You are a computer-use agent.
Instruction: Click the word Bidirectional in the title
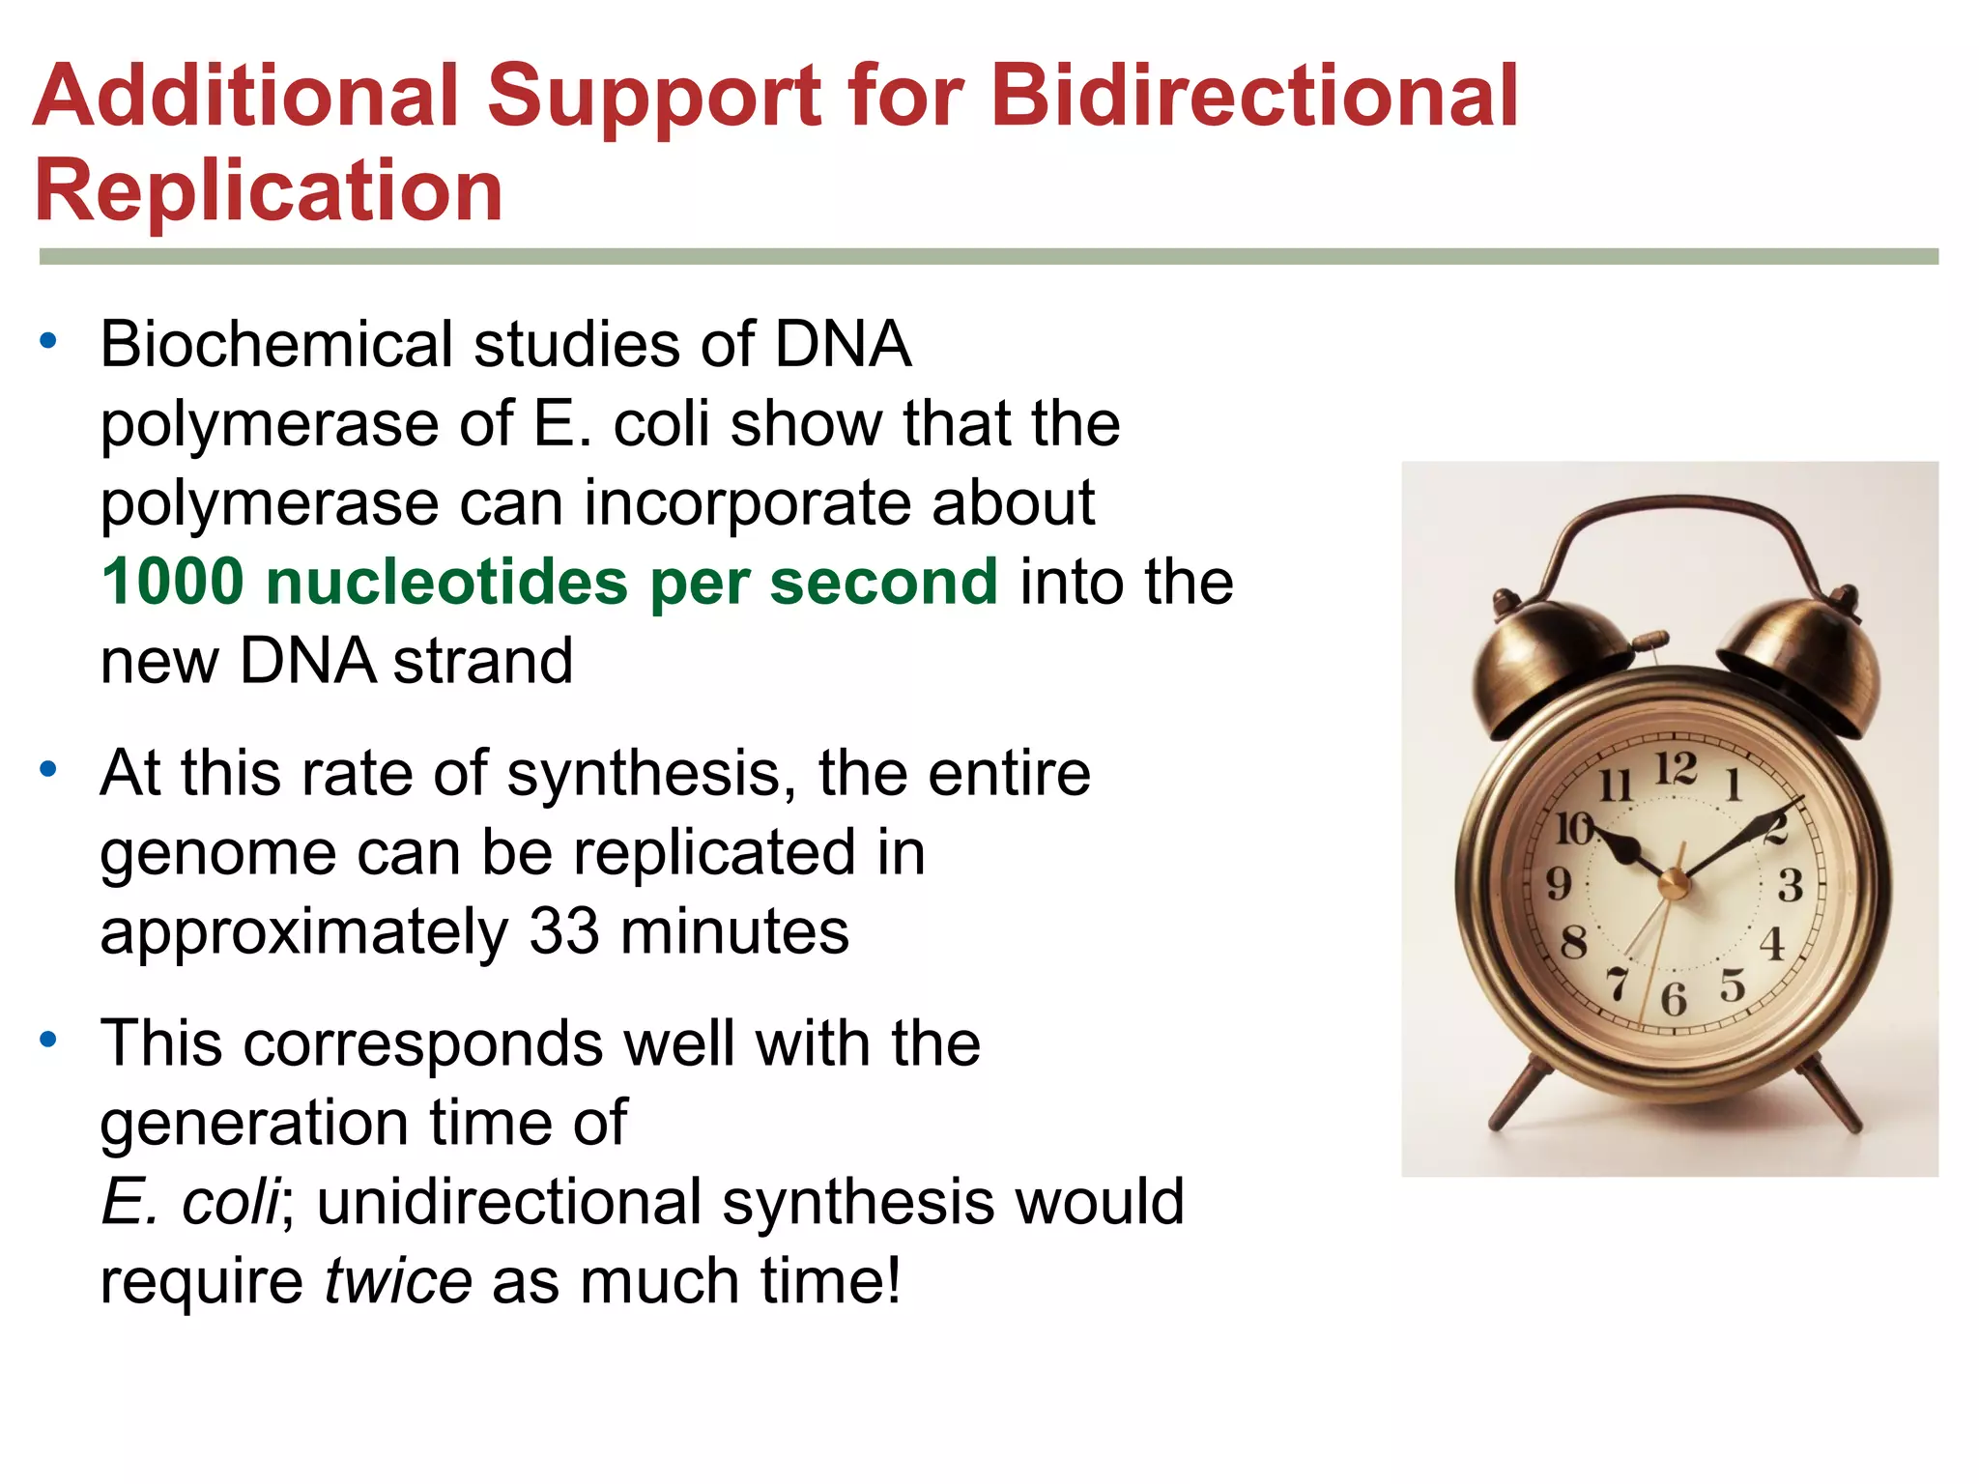pos(1254,96)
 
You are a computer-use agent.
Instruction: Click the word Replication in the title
pos(269,190)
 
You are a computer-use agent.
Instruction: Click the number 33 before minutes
pos(563,931)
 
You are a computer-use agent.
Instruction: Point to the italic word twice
pos(397,1281)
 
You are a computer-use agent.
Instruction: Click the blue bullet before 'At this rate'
pos(48,770)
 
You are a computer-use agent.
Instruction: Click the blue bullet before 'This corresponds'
pos(48,1041)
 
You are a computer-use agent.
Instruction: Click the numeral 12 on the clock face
pos(1676,770)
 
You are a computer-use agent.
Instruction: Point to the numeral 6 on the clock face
pos(1674,999)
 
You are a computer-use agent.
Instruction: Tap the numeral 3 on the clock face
pos(1791,885)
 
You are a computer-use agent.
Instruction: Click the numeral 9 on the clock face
pos(1559,882)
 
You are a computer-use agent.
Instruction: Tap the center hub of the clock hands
pos(1673,882)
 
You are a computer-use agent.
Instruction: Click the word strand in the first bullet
pos(483,662)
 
